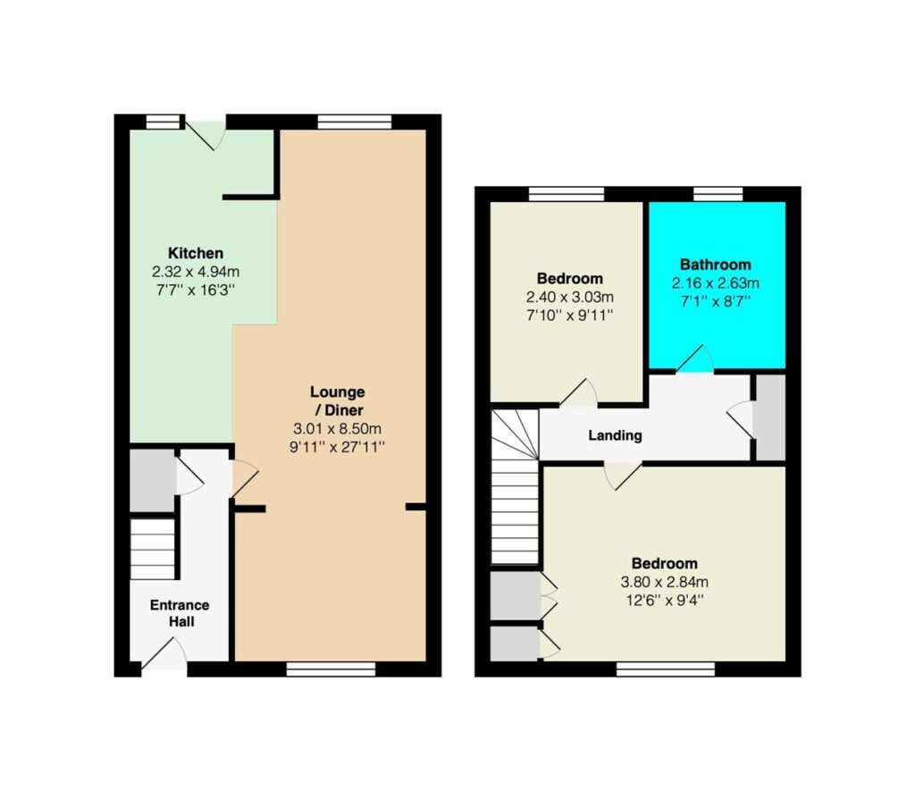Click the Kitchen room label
tap(196, 253)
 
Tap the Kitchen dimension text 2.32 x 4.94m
tap(196, 272)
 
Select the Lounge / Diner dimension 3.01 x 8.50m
tap(337, 428)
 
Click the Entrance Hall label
tap(180, 613)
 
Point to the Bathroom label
tap(716, 265)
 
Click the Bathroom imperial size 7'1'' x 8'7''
tap(716, 301)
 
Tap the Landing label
tap(615, 435)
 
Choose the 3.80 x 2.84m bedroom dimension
tap(665, 582)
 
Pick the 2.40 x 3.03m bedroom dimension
tap(569, 297)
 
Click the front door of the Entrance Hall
tap(164, 654)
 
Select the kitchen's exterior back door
tap(206, 134)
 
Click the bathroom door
tap(695, 359)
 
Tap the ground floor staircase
tap(152, 550)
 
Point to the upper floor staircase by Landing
tap(515, 487)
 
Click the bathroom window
tap(718, 194)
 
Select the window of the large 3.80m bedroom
tap(666, 669)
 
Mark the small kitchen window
tap(164, 122)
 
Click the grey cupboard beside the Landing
tap(771, 417)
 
